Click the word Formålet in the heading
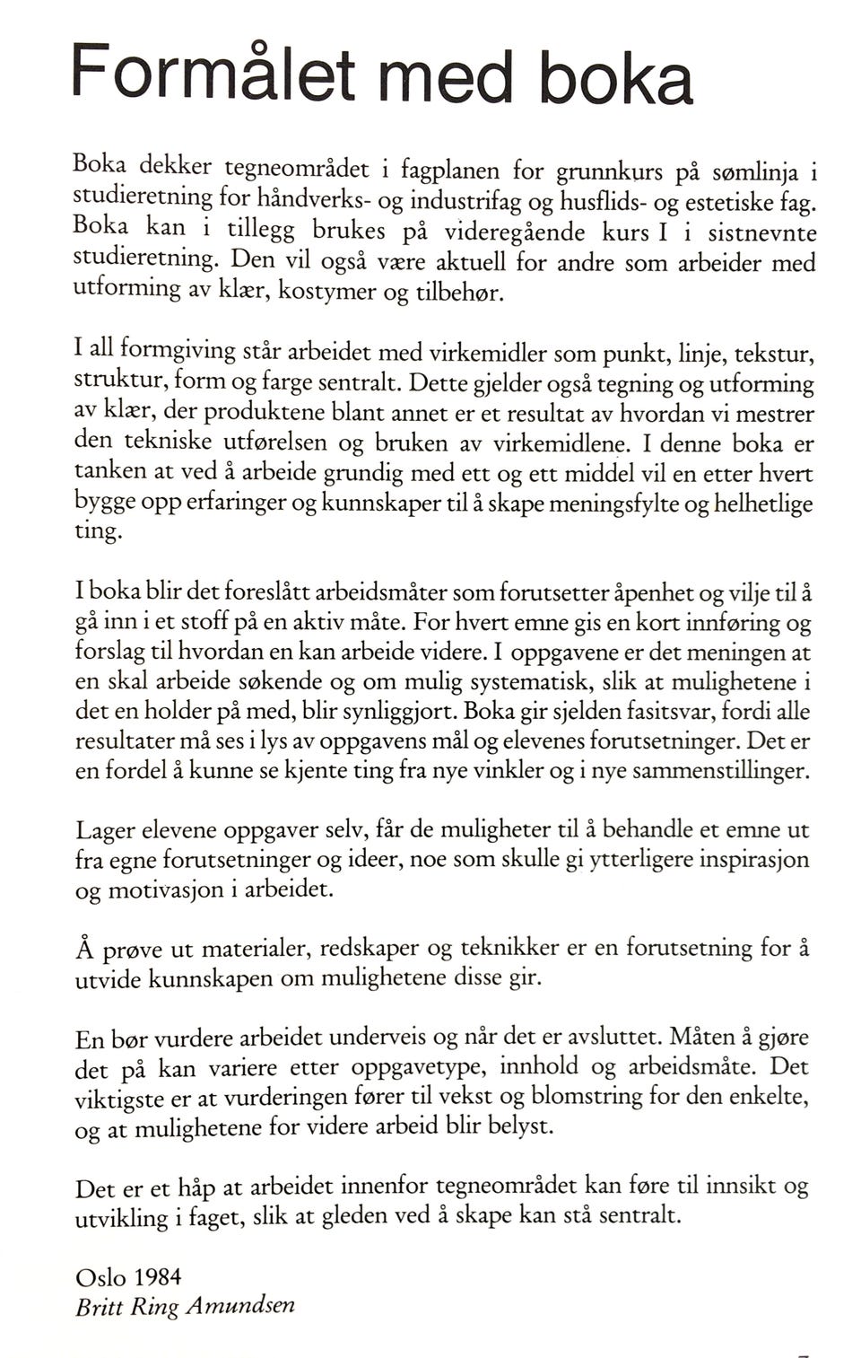click(215, 72)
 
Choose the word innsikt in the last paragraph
click(741, 1187)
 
